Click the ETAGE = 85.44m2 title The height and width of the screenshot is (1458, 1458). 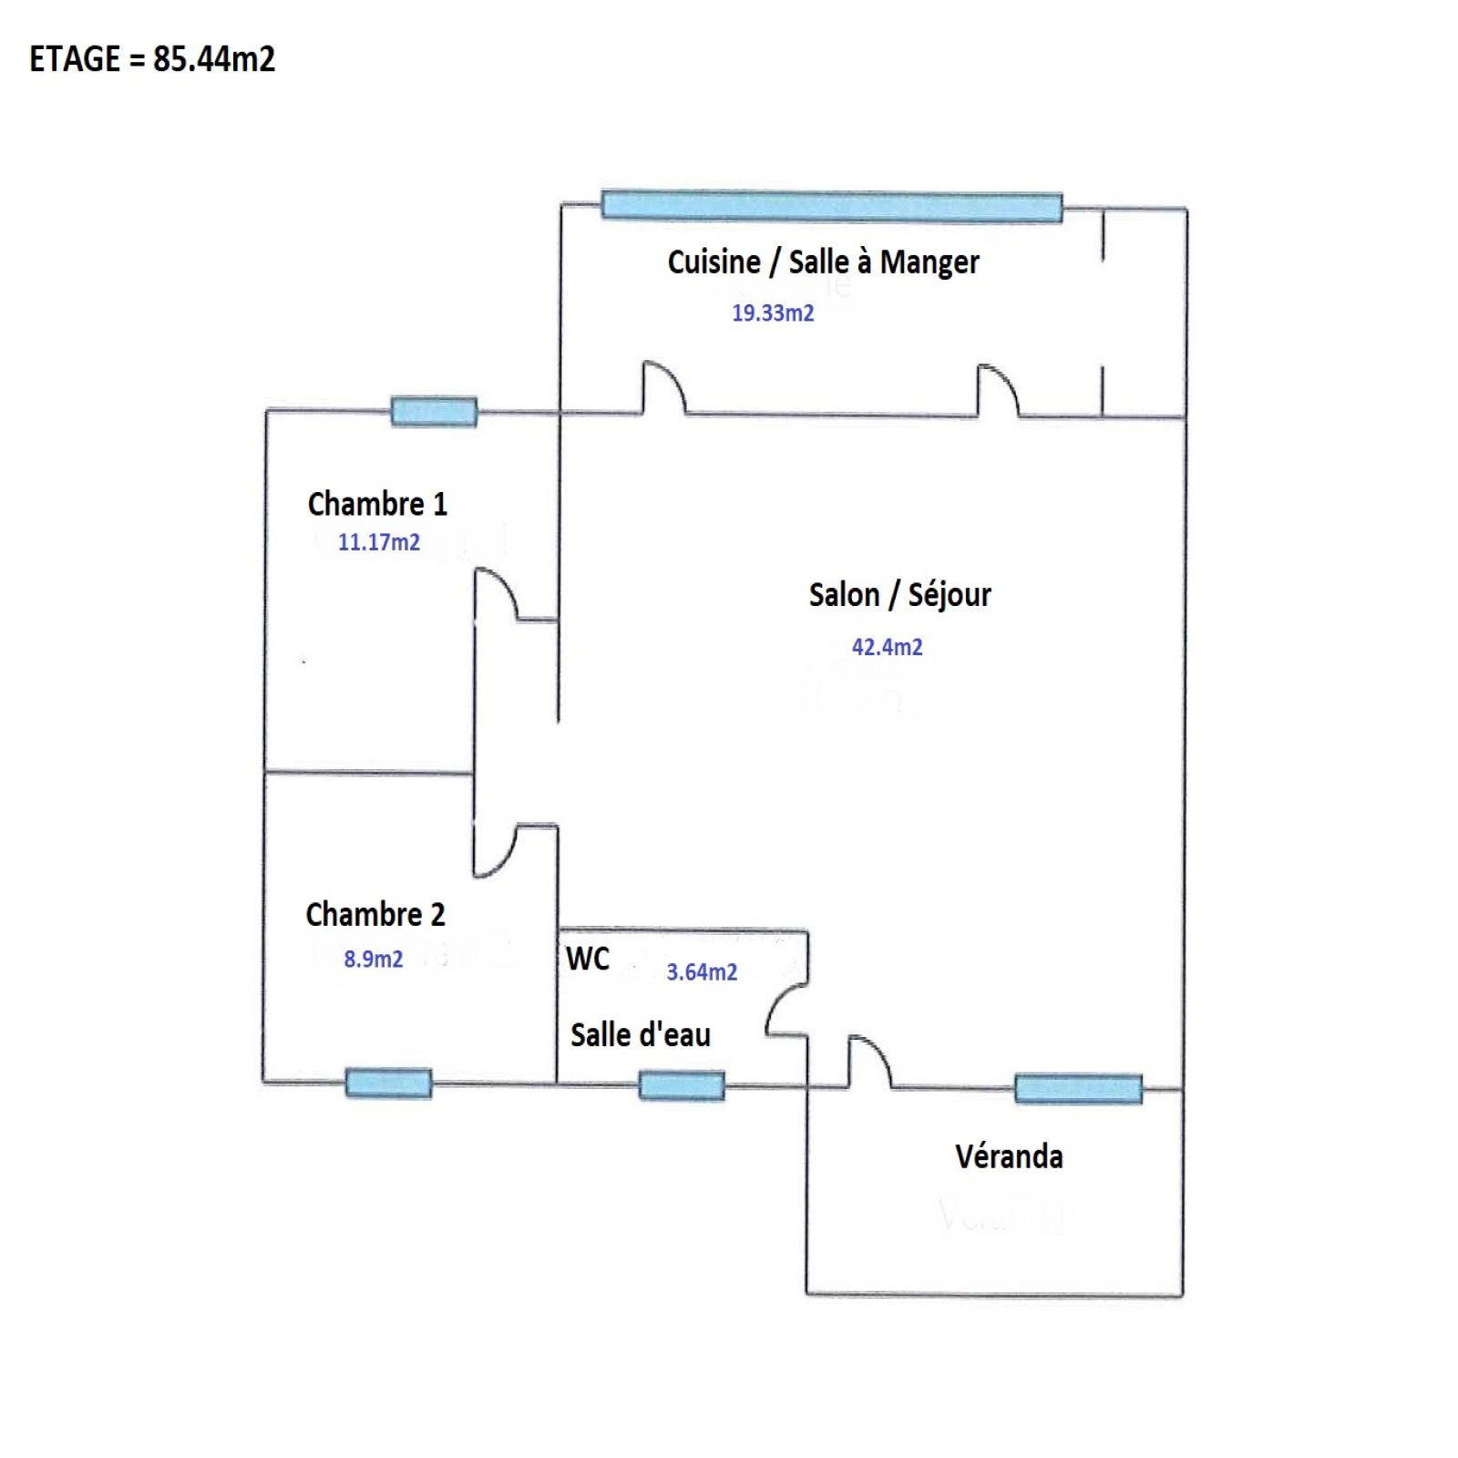[x=152, y=59]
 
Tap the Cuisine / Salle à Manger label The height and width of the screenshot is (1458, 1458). [x=823, y=262]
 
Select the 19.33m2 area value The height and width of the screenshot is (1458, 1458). [x=773, y=313]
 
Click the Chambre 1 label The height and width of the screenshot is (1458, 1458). [x=377, y=504]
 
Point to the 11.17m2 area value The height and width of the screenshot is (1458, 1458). [x=379, y=542]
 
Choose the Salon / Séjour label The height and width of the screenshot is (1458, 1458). [x=899, y=595]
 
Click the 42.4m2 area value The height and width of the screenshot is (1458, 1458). [x=887, y=647]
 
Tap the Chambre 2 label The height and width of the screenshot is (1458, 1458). [x=375, y=914]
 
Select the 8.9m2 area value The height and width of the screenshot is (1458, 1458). [x=373, y=959]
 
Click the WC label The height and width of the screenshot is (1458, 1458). [x=588, y=959]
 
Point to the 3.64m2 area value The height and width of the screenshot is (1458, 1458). [x=702, y=972]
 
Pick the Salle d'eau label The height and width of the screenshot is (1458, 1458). [x=641, y=1035]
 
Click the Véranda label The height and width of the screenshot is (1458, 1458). [x=1009, y=1156]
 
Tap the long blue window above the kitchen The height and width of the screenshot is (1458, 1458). [x=832, y=206]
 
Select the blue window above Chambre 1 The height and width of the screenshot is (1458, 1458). [x=434, y=411]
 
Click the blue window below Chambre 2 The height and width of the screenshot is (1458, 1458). [x=388, y=1083]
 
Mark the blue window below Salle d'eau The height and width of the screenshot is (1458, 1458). [x=682, y=1085]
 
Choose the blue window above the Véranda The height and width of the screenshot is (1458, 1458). [x=1078, y=1088]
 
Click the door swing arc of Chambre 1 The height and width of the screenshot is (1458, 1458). [x=498, y=594]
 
